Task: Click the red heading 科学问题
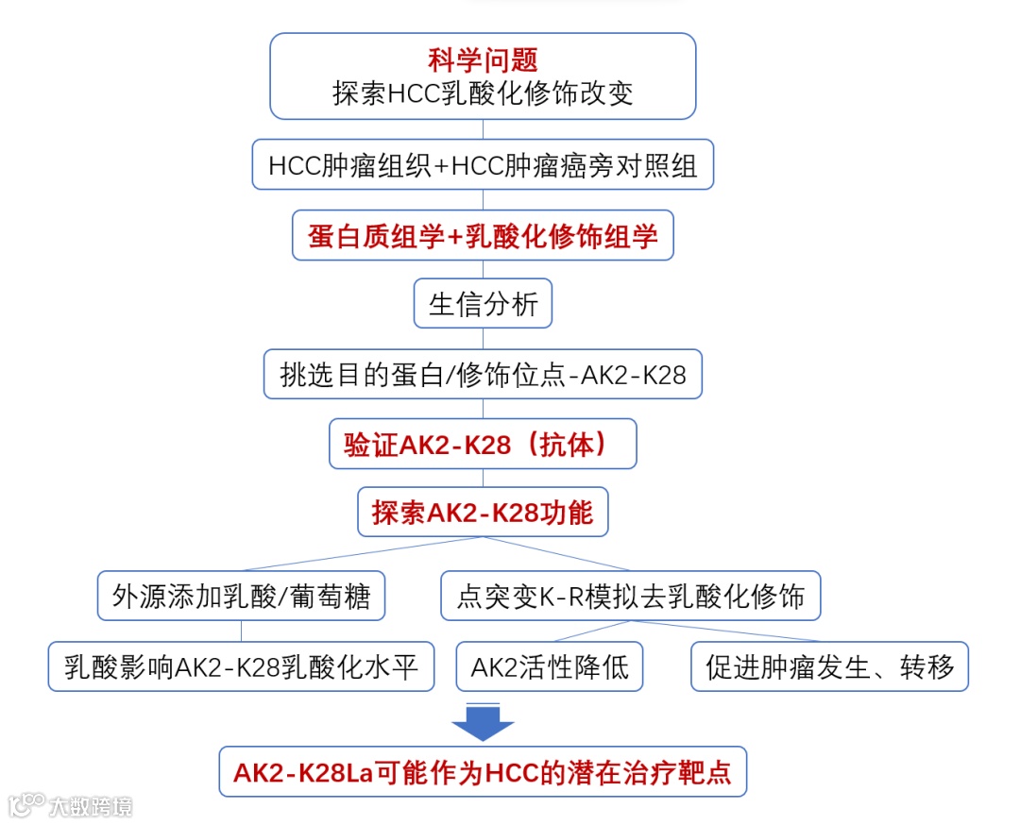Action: [x=483, y=61]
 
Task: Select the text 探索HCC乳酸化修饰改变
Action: [x=483, y=93]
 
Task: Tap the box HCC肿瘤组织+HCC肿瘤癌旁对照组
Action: [x=483, y=166]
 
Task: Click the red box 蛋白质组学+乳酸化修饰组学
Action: [x=483, y=235]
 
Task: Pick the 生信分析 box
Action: [x=483, y=304]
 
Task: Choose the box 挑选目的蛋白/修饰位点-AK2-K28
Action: [x=483, y=375]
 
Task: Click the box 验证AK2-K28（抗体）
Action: [x=483, y=445]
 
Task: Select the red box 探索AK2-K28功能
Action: [x=483, y=513]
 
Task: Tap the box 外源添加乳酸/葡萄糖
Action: [x=241, y=596]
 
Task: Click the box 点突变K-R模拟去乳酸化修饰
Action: [x=631, y=596]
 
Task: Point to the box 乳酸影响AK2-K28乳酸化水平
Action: [x=241, y=666]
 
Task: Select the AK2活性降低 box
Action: [x=550, y=666]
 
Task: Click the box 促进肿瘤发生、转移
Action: [x=829, y=666]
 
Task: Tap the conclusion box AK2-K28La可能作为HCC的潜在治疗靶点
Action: [x=483, y=772]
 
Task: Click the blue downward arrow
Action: [x=483, y=722]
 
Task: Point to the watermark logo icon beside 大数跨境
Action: [x=26, y=804]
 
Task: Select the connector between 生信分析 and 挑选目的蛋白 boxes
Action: [x=483, y=340]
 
